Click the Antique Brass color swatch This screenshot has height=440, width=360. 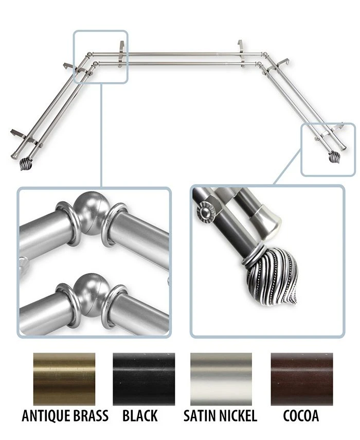click(64, 379)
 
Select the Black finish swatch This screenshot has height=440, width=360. click(144, 379)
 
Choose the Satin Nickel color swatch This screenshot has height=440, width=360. click(221, 379)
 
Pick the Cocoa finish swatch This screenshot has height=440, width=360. click(302, 379)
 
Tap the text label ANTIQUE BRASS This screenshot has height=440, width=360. click(65, 416)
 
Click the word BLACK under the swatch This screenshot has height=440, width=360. click(140, 416)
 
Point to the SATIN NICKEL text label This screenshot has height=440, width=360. click(221, 416)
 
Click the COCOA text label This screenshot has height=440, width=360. click(301, 416)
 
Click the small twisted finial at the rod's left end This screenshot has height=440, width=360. click(26, 165)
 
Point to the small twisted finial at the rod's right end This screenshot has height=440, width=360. click(334, 157)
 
